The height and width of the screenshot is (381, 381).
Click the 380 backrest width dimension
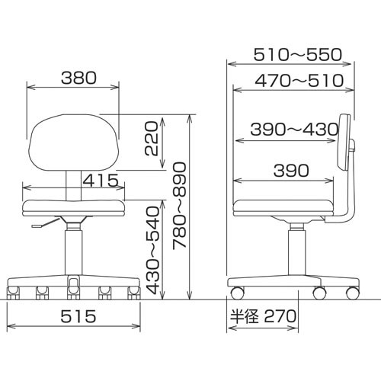pyautogui.click(x=78, y=78)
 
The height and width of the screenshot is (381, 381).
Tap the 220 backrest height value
pyautogui.click(x=152, y=139)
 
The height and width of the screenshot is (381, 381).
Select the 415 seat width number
pyautogui.click(x=101, y=181)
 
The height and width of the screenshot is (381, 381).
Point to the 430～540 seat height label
pyautogui.click(x=154, y=250)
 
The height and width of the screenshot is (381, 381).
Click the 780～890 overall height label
pyautogui.click(x=180, y=205)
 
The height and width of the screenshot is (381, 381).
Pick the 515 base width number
pyautogui.click(x=78, y=316)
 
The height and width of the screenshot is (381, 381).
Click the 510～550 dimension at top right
pyautogui.click(x=298, y=55)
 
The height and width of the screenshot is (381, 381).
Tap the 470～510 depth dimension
pyautogui.click(x=299, y=81)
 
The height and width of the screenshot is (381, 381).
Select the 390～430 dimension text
pyautogui.click(x=295, y=129)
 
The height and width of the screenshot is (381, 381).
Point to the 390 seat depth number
pyautogui.click(x=291, y=171)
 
